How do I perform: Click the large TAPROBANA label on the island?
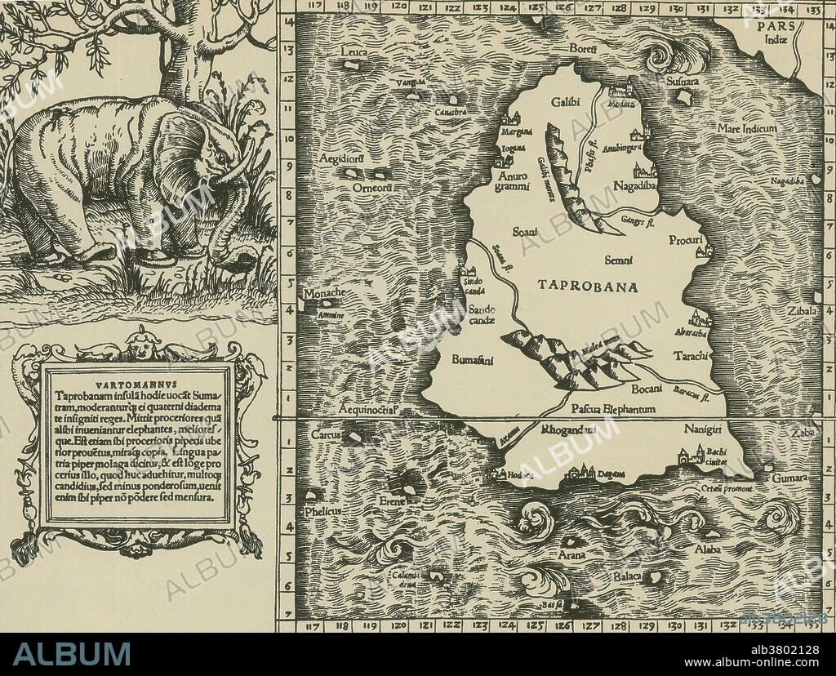coord(589,286)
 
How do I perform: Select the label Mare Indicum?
coord(746,129)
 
